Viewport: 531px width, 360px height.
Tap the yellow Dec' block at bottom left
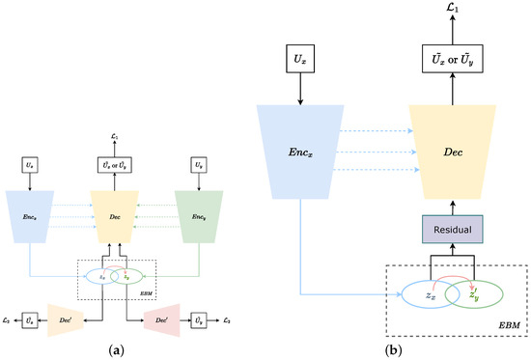click(72, 318)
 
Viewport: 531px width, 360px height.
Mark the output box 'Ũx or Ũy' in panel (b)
click(454, 60)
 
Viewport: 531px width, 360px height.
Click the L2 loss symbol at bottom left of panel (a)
click(8, 318)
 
